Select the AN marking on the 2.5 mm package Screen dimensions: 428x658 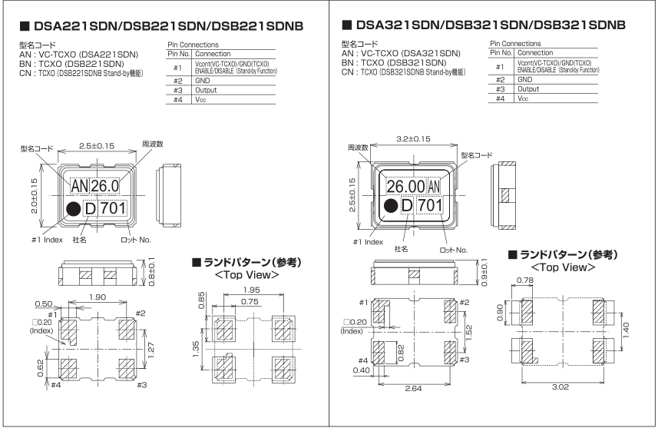pyautogui.click(x=79, y=186)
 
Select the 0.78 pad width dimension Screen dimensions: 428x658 pyautogui.click(x=526, y=281)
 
